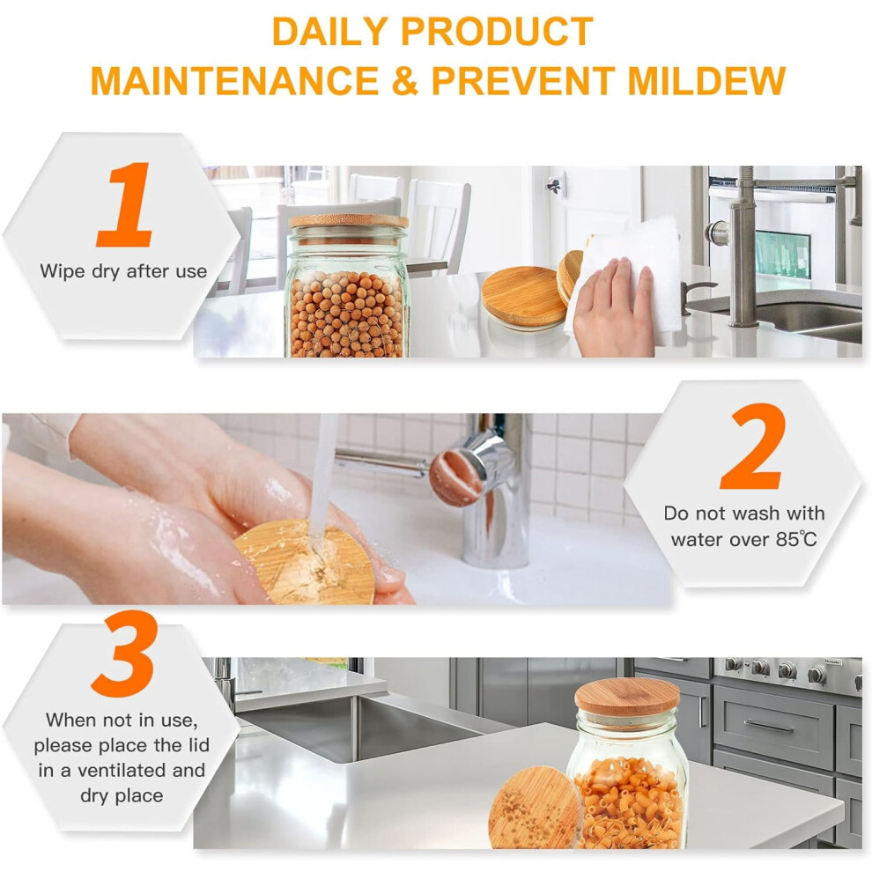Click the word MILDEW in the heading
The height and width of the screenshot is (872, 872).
[x=706, y=81]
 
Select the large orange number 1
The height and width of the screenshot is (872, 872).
[x=124, y=204]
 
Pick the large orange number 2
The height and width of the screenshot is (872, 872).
[x=753, y=446]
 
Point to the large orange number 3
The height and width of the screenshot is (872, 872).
[x=124, y=654]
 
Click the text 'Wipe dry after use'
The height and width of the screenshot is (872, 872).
[x=123, y=271]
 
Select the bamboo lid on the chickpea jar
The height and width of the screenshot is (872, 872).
[x=348, y=221]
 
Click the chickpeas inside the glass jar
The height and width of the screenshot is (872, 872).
[x=348, y=314]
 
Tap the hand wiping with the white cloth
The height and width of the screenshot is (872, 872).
[x=612, y=307]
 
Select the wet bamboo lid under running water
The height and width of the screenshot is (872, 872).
[x=305, y=563]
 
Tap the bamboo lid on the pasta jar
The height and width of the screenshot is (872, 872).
[x=626, y=698]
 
